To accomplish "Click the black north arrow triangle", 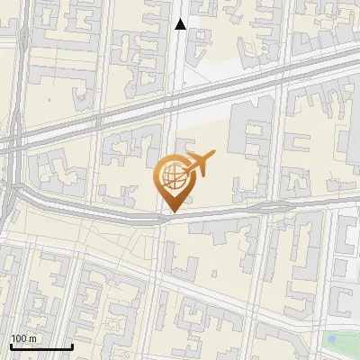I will [181, 24].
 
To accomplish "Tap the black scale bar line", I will [41, 346].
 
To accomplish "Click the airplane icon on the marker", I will [199, 163].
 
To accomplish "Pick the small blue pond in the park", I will [335, 339].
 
